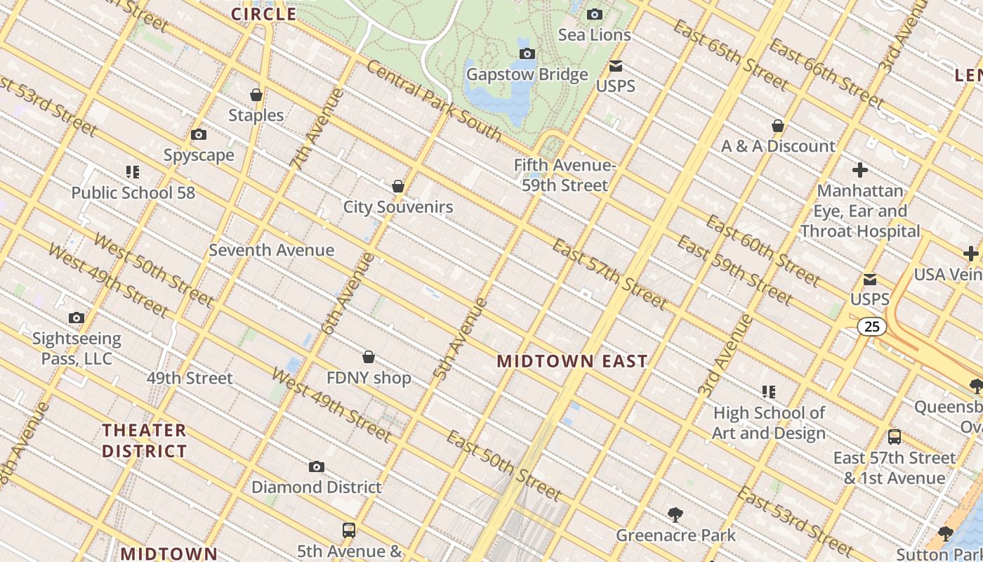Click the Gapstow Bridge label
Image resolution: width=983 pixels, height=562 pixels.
tap(527, 74)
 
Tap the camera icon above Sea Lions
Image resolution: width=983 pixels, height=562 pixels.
tap(595, 14)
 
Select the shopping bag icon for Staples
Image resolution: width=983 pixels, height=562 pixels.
tap(256, 95)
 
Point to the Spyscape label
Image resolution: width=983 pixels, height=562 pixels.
tap(199, 155)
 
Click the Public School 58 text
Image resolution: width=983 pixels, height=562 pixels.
tap(133, 192)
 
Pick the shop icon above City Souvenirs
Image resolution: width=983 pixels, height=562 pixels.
tap(398, 186)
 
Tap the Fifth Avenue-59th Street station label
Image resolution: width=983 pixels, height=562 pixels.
tap(565, 176)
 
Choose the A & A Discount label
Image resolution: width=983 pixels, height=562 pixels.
tap(778, 146)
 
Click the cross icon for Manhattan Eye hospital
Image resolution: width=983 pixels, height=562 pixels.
tap(860, 170)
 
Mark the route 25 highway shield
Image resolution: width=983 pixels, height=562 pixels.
tap(871, 327)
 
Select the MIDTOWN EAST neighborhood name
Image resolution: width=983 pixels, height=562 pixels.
tap(572, 362)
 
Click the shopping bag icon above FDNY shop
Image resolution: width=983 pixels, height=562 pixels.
tap(369, 357)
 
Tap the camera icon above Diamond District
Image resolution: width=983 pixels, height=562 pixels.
tap(317, 466)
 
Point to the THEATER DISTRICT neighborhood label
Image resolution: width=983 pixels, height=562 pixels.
tap(145, 440)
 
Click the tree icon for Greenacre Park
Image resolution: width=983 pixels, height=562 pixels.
tap(675, 515)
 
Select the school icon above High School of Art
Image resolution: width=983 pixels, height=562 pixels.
tap(769, 391)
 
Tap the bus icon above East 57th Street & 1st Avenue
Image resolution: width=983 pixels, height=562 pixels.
tap(895, 436)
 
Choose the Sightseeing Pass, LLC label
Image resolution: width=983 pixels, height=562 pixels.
tap(77, 349)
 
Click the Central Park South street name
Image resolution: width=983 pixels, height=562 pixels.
tap(433, 101)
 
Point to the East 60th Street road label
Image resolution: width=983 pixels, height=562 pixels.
tap(763, 251)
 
